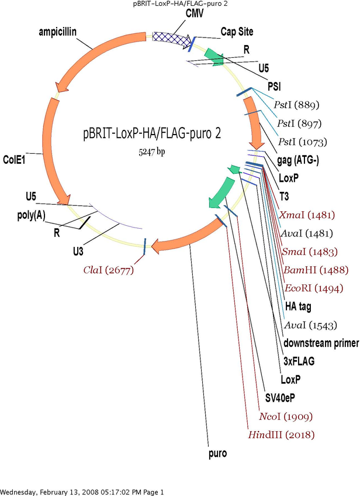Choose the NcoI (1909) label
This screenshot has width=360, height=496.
pyautogui.click(x=286, y=416)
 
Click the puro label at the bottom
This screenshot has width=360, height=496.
pyautogui.click(x=217, y=453)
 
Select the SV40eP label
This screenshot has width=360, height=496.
pyautogui.click(x=281, y=398)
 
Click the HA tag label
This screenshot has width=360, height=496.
pyautogui.click(x=297, y=306)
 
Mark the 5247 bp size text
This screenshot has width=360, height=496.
pyautogui.click(x=148, y=151)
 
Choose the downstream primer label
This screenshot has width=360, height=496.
pyautogui.click(x=321, y=343)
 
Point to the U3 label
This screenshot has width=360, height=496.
pyautogui.click(x=79, y=252)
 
